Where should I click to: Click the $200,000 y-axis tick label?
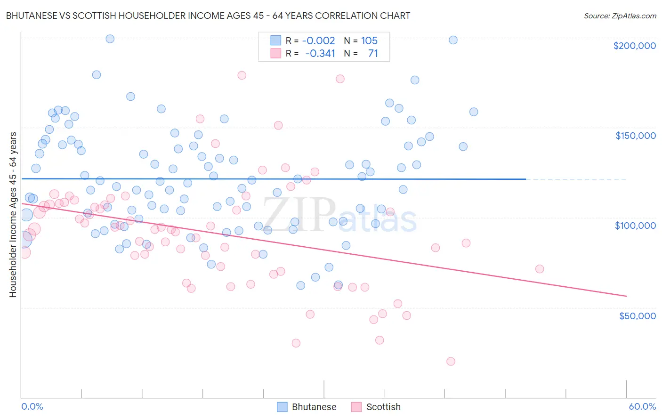634,46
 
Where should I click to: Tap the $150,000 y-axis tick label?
635,136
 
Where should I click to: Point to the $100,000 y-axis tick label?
635,226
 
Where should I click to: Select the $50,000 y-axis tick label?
637,315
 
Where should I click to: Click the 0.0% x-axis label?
32,406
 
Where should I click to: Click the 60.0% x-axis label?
642,406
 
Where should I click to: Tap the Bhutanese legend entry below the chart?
307,407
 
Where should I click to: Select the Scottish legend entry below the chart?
376,407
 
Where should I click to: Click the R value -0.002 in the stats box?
318,40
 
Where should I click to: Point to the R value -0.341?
320,53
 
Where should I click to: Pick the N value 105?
369,40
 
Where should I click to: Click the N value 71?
373,53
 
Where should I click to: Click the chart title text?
208,16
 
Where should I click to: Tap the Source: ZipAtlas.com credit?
620,16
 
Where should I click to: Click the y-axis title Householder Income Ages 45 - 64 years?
13,215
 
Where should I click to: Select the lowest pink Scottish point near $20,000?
451,361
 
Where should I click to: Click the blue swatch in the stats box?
275,40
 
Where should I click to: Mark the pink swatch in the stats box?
275,53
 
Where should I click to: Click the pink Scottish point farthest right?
540,269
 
